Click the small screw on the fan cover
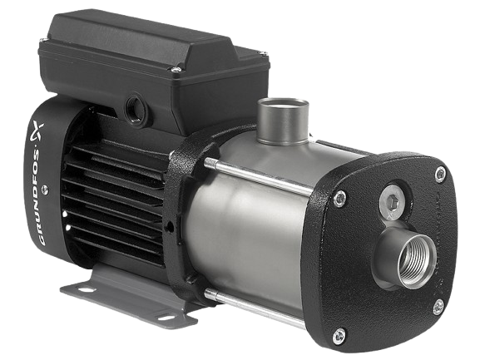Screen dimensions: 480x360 point(45,190)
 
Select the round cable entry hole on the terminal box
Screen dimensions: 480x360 point(136,109)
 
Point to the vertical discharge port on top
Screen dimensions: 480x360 point(283,121)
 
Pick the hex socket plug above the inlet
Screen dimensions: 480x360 point(391,200)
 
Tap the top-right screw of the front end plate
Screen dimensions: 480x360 point(441,175)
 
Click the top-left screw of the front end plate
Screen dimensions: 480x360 point(339,199)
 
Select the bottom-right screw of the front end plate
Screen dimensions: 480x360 point(438,307)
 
